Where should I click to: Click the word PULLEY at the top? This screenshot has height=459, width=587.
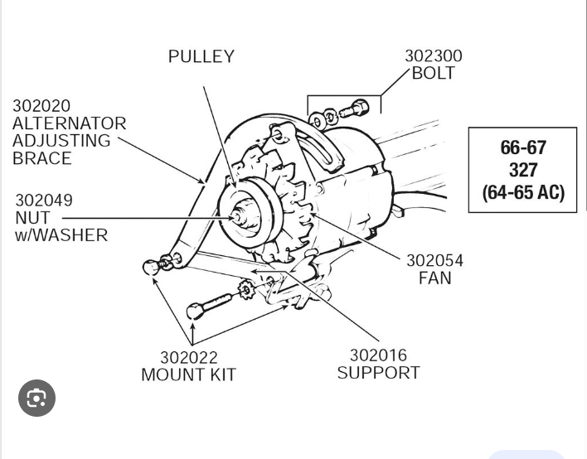pyautogui.click(x=201, y=57)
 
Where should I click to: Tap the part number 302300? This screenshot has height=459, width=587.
pyautogui.click(x=433, y=56)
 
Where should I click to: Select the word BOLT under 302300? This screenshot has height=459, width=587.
pyautogui.click(x=433, y=74)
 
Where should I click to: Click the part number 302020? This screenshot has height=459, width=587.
pyautogui.click(x=41, y=106)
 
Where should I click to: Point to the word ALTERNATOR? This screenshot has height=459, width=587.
pyautogui.click(x=69, y=123)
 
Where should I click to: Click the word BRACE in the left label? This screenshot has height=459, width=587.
pyautogui.click(x=41, y=158)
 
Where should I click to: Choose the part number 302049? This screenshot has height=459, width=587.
pyautogui.click(x=44, y=201)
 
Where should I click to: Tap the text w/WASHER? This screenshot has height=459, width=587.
pyautogui.click(x=61, y=235)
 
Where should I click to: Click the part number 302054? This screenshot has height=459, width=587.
pyautogui.click(x=434, y=261)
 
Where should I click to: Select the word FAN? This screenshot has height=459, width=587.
pyautogui.click(x=434, y=278)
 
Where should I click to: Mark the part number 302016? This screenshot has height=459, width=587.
pyautogui.click(x=378, y=355)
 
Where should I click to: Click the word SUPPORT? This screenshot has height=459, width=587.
pyautogui.click(x=378, y=373)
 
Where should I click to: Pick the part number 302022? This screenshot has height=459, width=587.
pyautogui.click(x=188, y=358)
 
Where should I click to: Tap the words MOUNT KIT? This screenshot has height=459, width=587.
pyautogui.click(x=188, y=375)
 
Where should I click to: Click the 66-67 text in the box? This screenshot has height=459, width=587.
pyautogui.click(x=522, y=147)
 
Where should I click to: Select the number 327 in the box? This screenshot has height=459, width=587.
pyautogui.click(x=522, y=170)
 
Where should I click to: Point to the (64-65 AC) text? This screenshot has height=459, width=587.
pyautogui.click(x=522, y=192)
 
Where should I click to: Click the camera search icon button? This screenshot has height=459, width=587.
pyautogui.click(x=36, y=399)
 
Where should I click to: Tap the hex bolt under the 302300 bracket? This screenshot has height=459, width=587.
pyautogui.click(x=357, y=108)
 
